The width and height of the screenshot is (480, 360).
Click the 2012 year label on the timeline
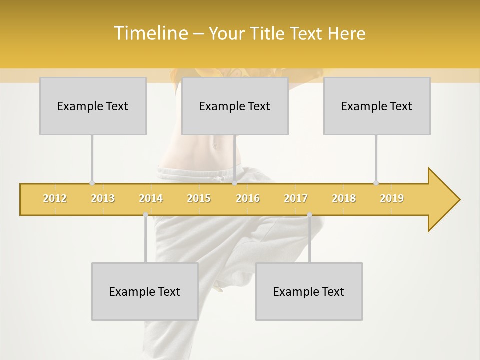coord(55,198)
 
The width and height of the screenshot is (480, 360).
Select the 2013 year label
coord(103,198)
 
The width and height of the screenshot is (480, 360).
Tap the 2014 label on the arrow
coord(151,198)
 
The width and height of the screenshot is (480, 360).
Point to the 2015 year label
coord(199,198)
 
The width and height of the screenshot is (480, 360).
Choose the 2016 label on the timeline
coord(248,198)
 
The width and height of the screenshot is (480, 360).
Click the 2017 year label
coord(296,198)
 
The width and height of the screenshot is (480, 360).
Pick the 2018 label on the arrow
coord(344,198)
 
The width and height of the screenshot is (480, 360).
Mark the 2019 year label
coord(392,198)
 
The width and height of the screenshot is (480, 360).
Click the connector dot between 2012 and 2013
coord(92,183)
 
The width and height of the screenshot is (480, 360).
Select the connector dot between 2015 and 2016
coord(235,183)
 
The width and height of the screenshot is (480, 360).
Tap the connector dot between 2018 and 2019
coord(376,183)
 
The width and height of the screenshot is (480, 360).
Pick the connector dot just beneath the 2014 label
coord(145,215)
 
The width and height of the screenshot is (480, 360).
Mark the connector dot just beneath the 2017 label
coord(309,215)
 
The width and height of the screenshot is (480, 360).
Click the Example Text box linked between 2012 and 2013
coord(93,106)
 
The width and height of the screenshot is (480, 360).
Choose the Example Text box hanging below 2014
coord(145,291)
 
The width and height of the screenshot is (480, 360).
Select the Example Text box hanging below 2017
coord(309,291)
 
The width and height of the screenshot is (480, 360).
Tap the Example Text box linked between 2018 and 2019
coord(377,106)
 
